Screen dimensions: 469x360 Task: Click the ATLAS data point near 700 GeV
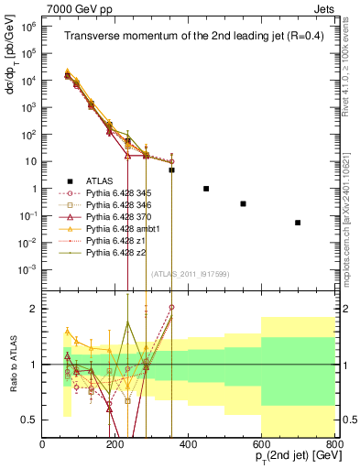(x=298, y=223)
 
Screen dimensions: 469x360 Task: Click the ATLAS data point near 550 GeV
(x=243, y=203)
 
